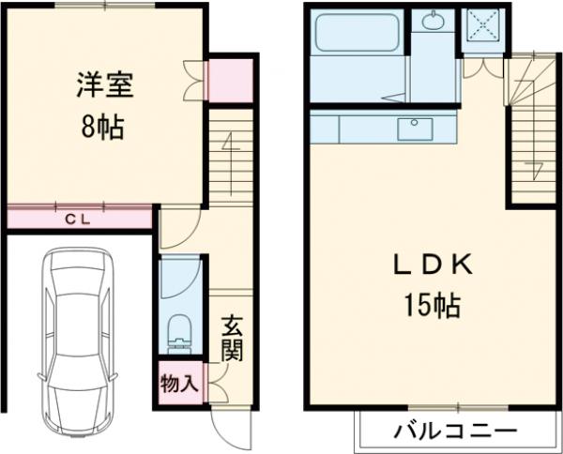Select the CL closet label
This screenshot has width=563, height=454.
click(78, 219)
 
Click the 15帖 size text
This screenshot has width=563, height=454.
click(433, 305)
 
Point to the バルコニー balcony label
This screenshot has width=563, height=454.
click(455, 432)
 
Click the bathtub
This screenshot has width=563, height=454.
click(356, 34)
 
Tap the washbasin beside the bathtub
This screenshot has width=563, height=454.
click(434, 21)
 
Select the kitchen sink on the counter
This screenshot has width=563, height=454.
click(413, 129)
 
